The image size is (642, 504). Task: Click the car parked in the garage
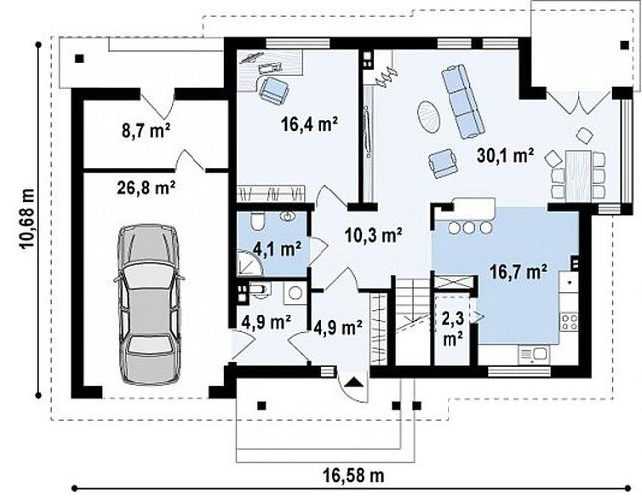click(148, 304)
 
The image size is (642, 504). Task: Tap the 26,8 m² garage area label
click(146, 189)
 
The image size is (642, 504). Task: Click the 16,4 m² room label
click(310, 124)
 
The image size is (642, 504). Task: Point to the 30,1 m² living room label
click(505, 156)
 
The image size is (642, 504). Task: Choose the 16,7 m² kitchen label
click(518, 272)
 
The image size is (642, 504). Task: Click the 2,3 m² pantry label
click(451, 328)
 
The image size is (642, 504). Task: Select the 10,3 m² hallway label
click(373, 235)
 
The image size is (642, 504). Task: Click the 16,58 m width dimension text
click(354, 476)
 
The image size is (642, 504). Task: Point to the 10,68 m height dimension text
click(27, 218)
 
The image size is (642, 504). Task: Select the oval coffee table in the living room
click(429, 116)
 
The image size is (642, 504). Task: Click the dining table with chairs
click(578, 175)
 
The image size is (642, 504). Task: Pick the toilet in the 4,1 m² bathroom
click(258, 222)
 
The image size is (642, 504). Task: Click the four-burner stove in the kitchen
click(570, 321)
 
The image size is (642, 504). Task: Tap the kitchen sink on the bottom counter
click(534, 354)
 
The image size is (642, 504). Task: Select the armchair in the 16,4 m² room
click(273, 90)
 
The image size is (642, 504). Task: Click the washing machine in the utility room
click(294, 293)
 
